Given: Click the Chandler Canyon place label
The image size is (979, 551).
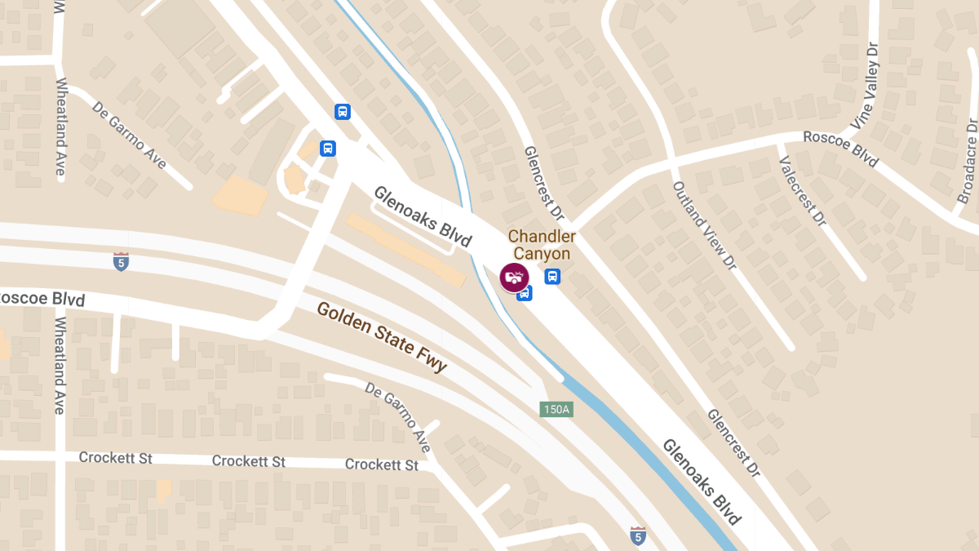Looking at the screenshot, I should coord(542,245).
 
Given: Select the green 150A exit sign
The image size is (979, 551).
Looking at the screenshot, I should coord(556,409).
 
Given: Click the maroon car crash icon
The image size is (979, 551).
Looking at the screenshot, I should coord(514,278).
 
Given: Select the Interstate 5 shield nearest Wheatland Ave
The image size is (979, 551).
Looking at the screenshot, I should coord(121,261).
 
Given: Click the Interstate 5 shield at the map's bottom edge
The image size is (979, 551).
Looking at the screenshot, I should coord(638,535).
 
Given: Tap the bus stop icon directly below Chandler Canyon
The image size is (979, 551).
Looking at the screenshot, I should coord(552,276).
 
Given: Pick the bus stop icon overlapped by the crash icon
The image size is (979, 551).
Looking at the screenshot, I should coord(525,292).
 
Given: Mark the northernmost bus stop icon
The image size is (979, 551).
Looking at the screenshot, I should coord(342,112).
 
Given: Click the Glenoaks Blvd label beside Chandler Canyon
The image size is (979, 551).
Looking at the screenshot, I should coord(423,216).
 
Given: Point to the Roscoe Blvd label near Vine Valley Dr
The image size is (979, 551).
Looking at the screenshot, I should coord(840,149).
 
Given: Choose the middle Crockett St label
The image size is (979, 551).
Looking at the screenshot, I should coord(249,461).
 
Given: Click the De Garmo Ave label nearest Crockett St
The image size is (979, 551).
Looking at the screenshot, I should coord(397,417).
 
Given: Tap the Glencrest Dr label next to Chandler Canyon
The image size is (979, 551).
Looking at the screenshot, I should coord(544,184).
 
